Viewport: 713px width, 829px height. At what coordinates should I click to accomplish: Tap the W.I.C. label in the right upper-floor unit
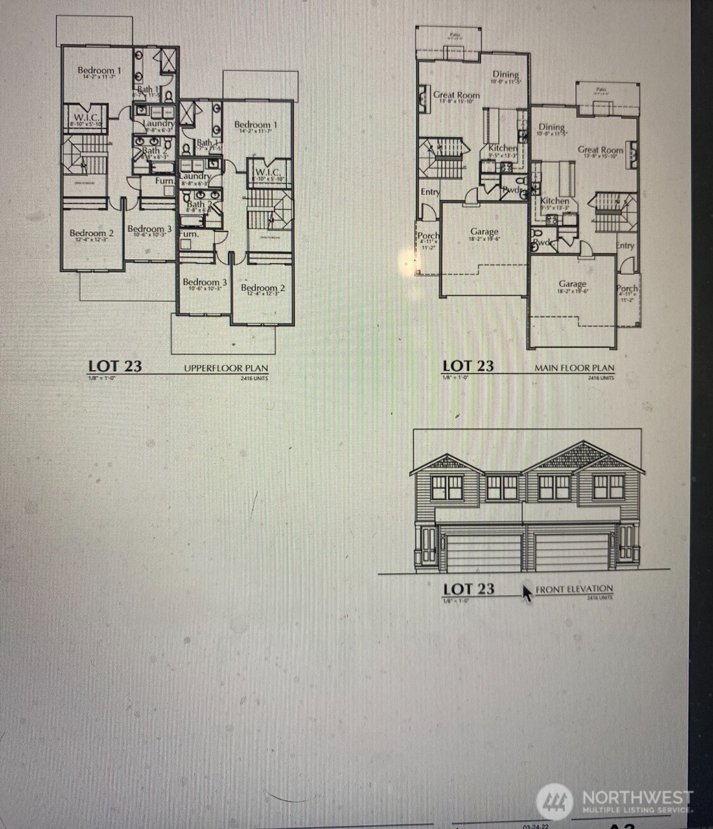[267, 172]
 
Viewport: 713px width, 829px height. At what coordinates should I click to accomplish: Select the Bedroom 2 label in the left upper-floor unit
[92, 233]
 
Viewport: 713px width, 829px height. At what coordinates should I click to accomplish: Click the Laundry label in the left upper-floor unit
[159, 123]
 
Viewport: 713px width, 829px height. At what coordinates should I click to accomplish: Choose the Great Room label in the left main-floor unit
[456, 95]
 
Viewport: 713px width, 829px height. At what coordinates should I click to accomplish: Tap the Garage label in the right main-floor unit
[572, 284]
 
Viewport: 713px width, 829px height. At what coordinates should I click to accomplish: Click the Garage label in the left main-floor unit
[484, 231]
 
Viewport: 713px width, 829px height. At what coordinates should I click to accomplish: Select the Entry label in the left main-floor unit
[430, 192]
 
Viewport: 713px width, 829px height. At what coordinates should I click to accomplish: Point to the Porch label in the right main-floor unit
[627, 288]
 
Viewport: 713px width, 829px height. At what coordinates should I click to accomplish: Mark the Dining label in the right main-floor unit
[551, 127]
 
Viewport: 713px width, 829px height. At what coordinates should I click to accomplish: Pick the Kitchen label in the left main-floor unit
[503, 148]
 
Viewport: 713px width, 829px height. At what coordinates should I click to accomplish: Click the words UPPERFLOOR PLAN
[226, 368]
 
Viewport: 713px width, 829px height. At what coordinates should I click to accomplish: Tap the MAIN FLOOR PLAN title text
[574, 368]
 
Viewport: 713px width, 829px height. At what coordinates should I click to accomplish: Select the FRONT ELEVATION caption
[574, 589]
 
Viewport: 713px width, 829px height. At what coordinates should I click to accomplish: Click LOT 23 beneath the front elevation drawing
[468, 589]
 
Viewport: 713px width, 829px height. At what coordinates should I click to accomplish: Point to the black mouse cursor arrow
[527, 593]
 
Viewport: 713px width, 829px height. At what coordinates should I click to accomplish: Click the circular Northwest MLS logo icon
[555, 801]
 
